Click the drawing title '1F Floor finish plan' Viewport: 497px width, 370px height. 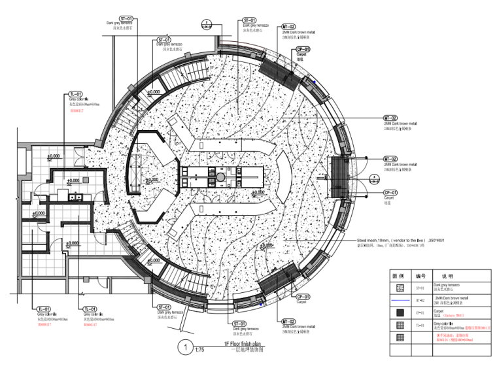[x=242, y=343]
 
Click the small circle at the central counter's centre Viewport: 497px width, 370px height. [x=221, y=177]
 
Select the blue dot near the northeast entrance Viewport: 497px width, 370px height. [x=315, y=82]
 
